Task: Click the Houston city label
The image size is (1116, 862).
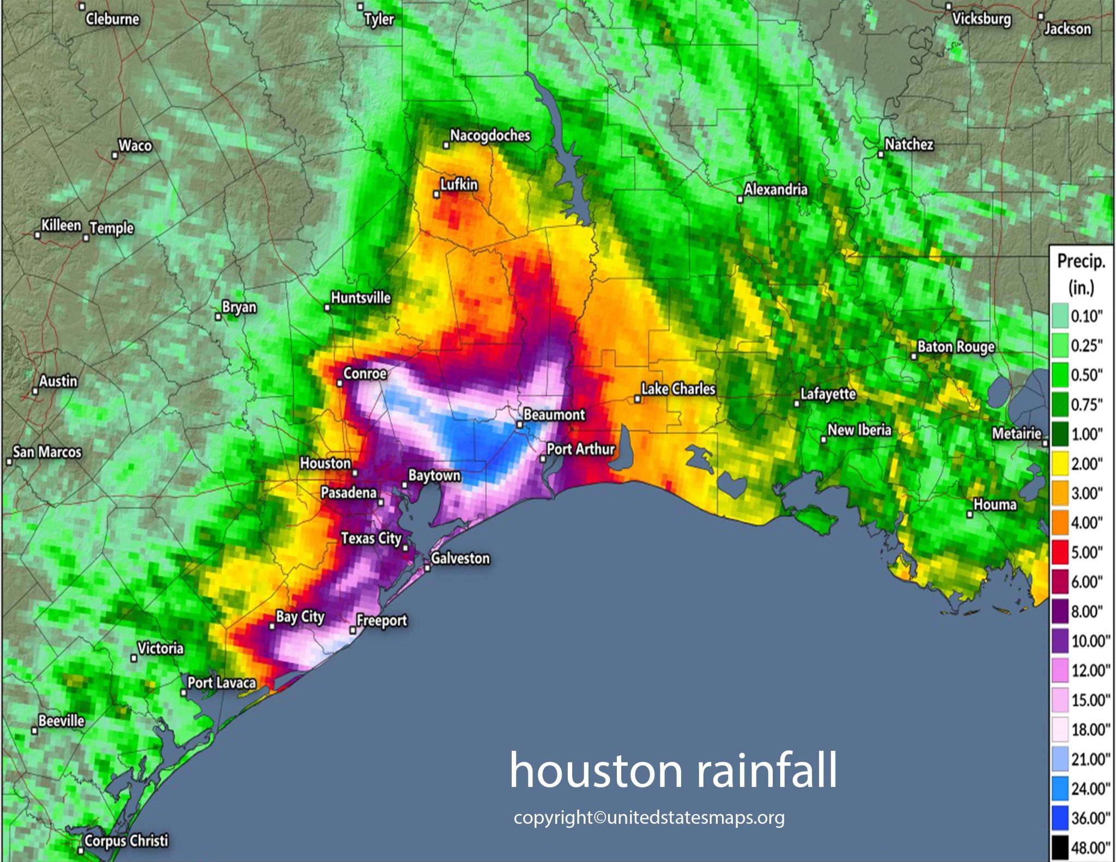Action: click(325, 463)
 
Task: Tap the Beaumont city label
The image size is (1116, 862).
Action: click(554, 415)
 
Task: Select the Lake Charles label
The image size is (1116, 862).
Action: click(678, 389)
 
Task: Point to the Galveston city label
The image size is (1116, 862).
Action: click(460, 559)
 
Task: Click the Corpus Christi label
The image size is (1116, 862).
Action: click(126, 841)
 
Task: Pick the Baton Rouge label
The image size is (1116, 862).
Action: click(956, 347)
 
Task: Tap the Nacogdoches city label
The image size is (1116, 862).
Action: click(490, 136)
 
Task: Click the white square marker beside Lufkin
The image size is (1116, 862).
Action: click(436, 194)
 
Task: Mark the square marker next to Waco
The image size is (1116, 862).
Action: click(115, 156)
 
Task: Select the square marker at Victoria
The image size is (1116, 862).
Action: click(134, 658)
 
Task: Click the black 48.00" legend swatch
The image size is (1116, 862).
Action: click(1060, 847)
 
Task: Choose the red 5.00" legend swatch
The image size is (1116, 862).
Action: click(1060, 552)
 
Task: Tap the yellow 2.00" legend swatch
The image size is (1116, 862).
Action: click(1060, 463)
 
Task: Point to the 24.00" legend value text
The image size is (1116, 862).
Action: click(1090, 788)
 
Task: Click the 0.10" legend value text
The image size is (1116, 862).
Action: click(1087, 316)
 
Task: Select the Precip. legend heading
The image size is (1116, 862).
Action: click(1081, 261)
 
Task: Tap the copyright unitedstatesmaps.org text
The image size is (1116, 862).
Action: click(649, 817)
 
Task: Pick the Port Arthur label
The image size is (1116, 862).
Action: click(580, 449)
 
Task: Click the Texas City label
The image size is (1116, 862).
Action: click(371, 539)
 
